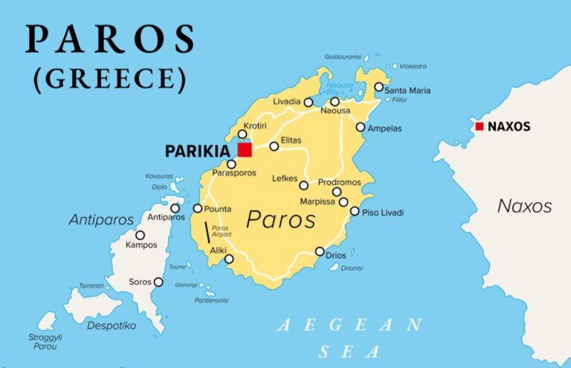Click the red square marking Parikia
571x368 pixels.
point(245,149)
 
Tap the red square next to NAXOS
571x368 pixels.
point(480,126)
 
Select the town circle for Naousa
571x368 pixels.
point(335,101)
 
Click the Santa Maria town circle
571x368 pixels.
point(378,87)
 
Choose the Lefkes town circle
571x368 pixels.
point(303,185)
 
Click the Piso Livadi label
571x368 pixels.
point(383,213)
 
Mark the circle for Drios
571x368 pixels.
point(320,251)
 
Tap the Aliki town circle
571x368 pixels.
point(229,259)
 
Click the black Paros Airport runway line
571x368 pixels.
point(207,233)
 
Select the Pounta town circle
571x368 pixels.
point(197,208)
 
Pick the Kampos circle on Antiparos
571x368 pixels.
point(140,235)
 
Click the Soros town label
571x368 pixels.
point(140,283)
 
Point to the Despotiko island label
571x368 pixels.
point(112,325)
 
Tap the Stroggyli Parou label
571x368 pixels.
point(45,341)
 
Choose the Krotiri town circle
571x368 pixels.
point(242,134)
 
